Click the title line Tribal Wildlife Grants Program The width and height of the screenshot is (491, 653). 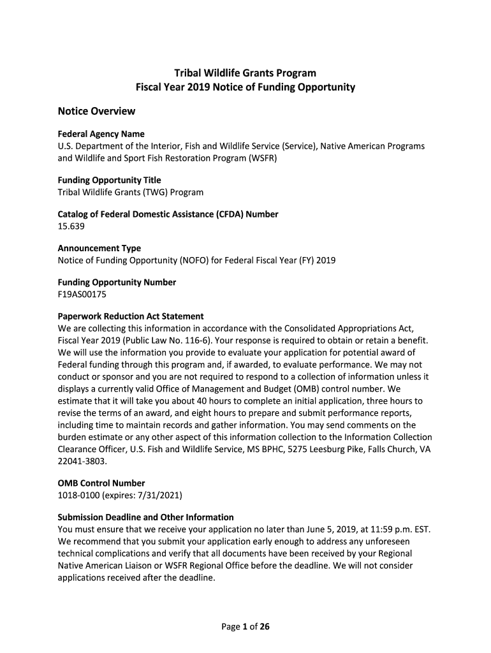246,73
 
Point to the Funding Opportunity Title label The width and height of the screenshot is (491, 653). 109,180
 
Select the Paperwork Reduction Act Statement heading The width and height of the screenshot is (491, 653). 131,316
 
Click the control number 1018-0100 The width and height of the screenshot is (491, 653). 79,495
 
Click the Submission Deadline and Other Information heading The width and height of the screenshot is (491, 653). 145,517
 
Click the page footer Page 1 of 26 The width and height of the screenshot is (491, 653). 246,627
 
